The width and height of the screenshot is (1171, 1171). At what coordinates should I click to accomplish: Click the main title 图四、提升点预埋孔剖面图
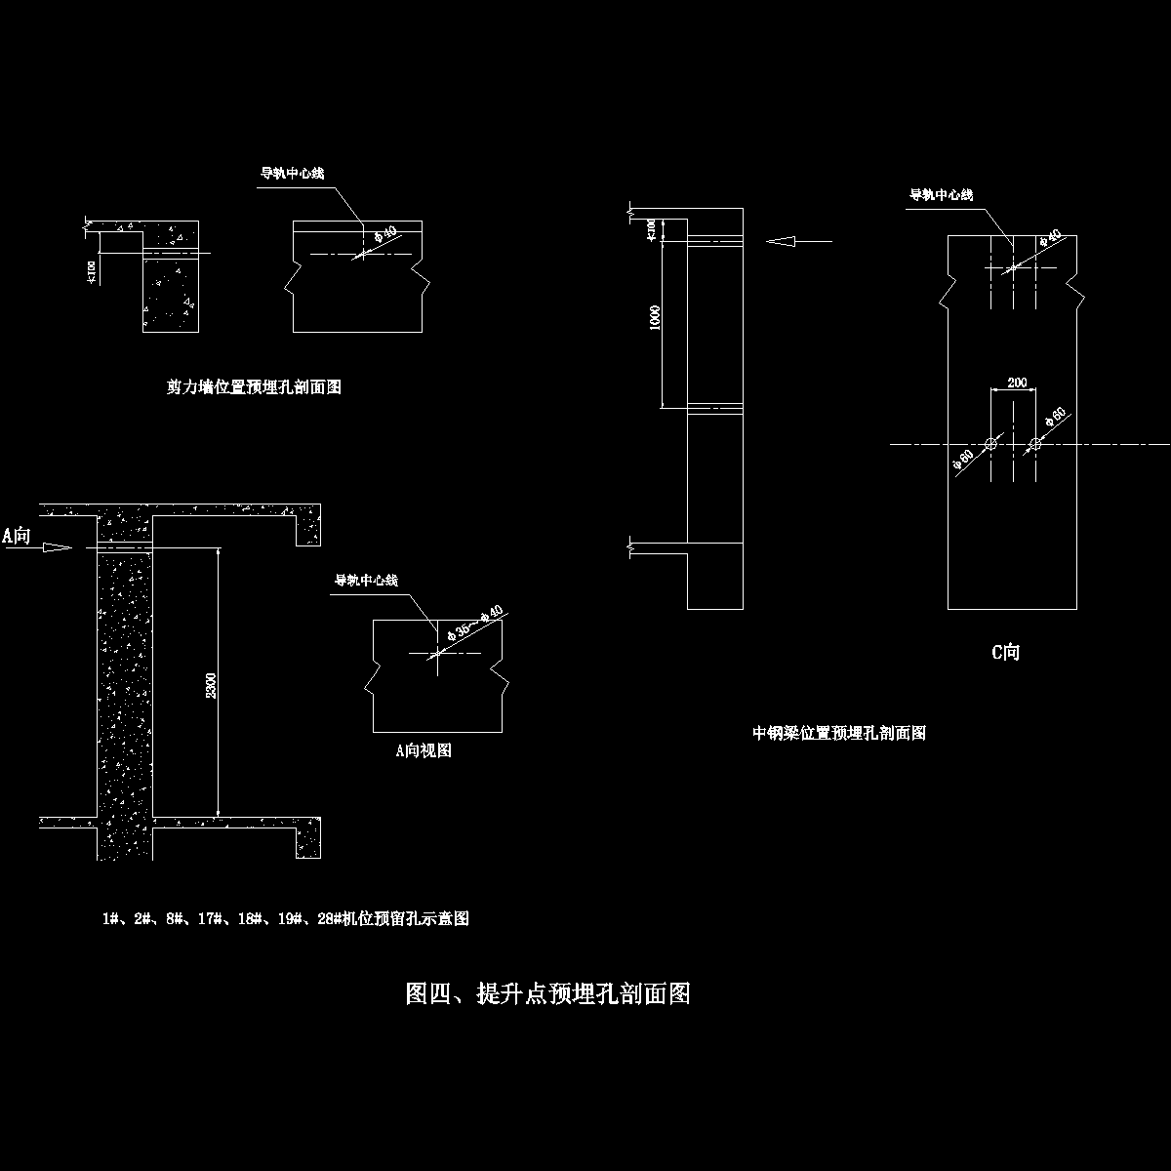[x=547, y=994]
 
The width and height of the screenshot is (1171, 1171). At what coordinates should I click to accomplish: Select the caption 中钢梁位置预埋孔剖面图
[x=839, y=733]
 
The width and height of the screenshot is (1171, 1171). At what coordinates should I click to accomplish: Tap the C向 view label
[x=1005, y=652]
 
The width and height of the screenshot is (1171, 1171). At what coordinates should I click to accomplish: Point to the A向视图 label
[x=423, y=750]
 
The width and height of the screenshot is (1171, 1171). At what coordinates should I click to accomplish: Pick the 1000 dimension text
[x=656, y=318]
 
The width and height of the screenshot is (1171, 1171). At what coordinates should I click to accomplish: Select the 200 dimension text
[x=1017, y=383]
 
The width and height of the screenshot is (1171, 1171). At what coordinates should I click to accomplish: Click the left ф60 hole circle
[x=991, y=445]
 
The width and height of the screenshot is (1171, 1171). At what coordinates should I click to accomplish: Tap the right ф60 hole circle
[x=1034, y=445]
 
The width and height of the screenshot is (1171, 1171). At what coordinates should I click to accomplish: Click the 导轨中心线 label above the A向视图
[x=366, y=581]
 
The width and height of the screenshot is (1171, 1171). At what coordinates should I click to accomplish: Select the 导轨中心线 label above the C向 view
[x=941, y=195]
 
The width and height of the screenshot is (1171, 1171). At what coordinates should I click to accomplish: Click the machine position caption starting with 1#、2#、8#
[x=286, y=918]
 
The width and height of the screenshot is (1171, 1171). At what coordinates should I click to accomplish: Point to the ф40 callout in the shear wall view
[x=384, y=234]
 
